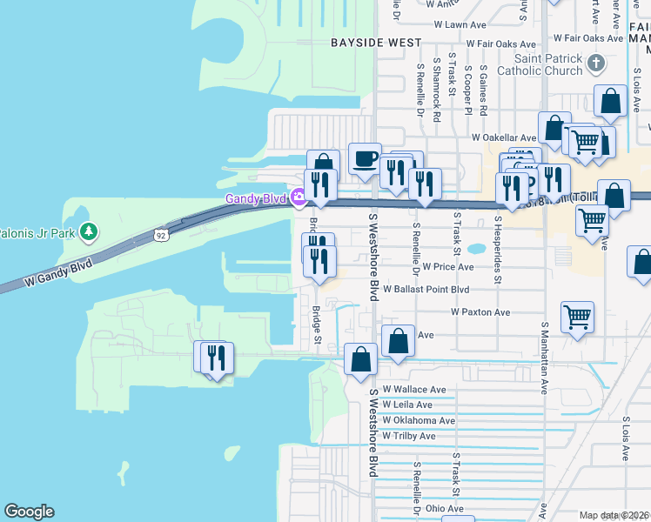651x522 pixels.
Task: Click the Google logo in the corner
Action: tap(29, 512)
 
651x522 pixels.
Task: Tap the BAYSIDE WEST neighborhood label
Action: tap(376, 43)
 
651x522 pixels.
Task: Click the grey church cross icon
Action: tap(595, 63)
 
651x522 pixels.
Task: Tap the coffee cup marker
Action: tap(365, 158)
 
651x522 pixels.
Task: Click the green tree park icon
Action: tap(88, 231)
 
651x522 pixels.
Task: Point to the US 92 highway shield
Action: tap(160, 235)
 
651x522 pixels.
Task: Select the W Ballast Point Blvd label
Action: tap(432, 289)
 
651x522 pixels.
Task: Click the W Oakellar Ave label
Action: tap(504, 137)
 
